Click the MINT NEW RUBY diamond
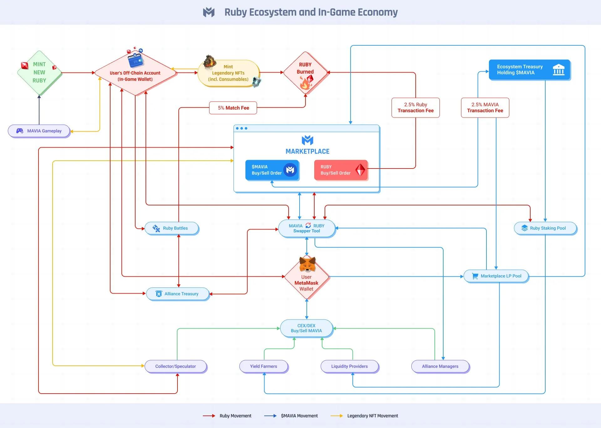39,73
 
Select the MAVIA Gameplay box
39,131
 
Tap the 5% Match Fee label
233,108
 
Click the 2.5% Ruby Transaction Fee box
415,108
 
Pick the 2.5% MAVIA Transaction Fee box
485,108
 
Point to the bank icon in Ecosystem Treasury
558,69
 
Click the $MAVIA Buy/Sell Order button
272,170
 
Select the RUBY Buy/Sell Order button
341,170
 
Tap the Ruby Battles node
172,228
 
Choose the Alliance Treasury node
177,294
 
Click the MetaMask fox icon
307,264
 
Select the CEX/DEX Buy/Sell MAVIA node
306,328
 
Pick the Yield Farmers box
264,366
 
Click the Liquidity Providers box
349,366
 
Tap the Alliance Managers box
440,366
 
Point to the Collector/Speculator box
176,366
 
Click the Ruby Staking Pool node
545,228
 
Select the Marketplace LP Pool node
496,276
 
